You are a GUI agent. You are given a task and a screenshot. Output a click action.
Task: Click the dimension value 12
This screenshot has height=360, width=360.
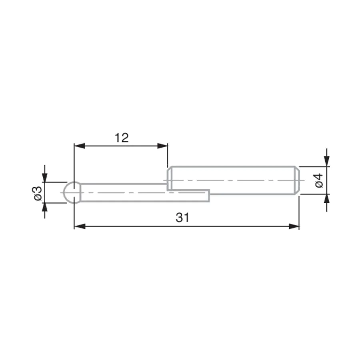[x=122, y=138]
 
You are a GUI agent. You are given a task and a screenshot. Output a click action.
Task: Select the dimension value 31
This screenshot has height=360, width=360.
[x=182, y=218]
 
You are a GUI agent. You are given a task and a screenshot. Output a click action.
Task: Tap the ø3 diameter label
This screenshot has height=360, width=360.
[x=38, y=193]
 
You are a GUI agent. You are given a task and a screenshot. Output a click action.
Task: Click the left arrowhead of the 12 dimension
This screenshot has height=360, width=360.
[x=80, y=146]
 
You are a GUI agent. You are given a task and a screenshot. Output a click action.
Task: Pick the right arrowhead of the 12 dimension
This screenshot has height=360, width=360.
[x=162, y=146]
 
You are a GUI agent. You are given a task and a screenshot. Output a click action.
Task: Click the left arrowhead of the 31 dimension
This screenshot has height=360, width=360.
[x=80, y=226]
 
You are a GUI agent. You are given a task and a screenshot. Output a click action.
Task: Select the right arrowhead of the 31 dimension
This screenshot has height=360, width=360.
[x=294, y=226]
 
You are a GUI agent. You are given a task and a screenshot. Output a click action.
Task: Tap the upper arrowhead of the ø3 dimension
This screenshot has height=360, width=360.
[x=45, y=177]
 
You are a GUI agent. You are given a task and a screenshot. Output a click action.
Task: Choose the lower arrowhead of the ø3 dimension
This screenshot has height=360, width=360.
[x=45, y=208]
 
